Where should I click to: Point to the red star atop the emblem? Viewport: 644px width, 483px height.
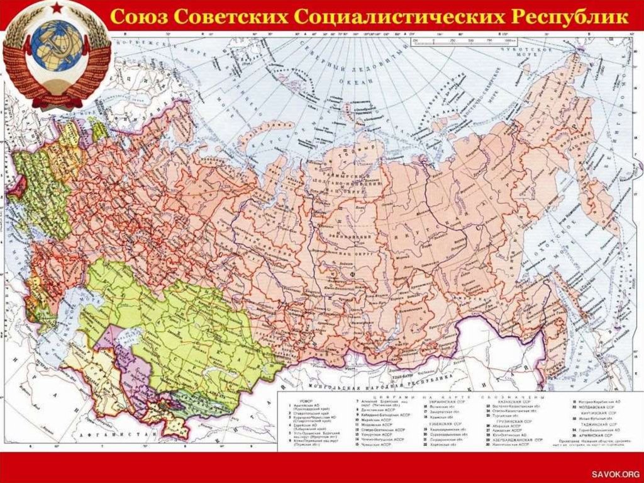57,9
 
